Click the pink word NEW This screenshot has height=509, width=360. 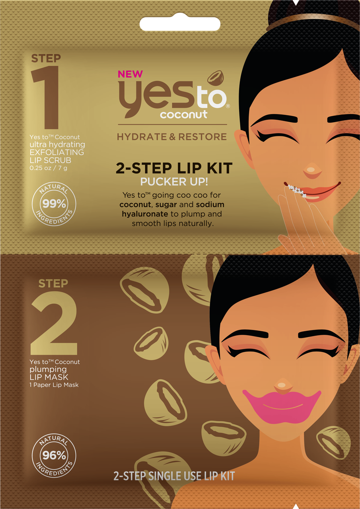tap(130, 74)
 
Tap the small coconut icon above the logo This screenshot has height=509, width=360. tap(216, 78)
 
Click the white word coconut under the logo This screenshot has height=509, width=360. tap(184, 114)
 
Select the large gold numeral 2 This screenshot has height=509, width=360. tap(54, 323)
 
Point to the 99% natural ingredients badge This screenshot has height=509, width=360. tap(54, 204)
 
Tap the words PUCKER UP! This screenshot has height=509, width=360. tap(174, 182)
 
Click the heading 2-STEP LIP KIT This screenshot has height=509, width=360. tap(174, 168)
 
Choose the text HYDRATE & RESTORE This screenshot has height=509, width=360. tap(172, 136)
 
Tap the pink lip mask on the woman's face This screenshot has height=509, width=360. tap(282, 407)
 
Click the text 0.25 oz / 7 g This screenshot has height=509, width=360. tap(48, 168)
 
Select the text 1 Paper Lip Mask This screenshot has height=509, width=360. tap(54, 385)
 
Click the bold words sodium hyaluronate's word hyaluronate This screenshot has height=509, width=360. tap(145, 214)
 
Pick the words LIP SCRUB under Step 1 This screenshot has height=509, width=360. tap(50, 160)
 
